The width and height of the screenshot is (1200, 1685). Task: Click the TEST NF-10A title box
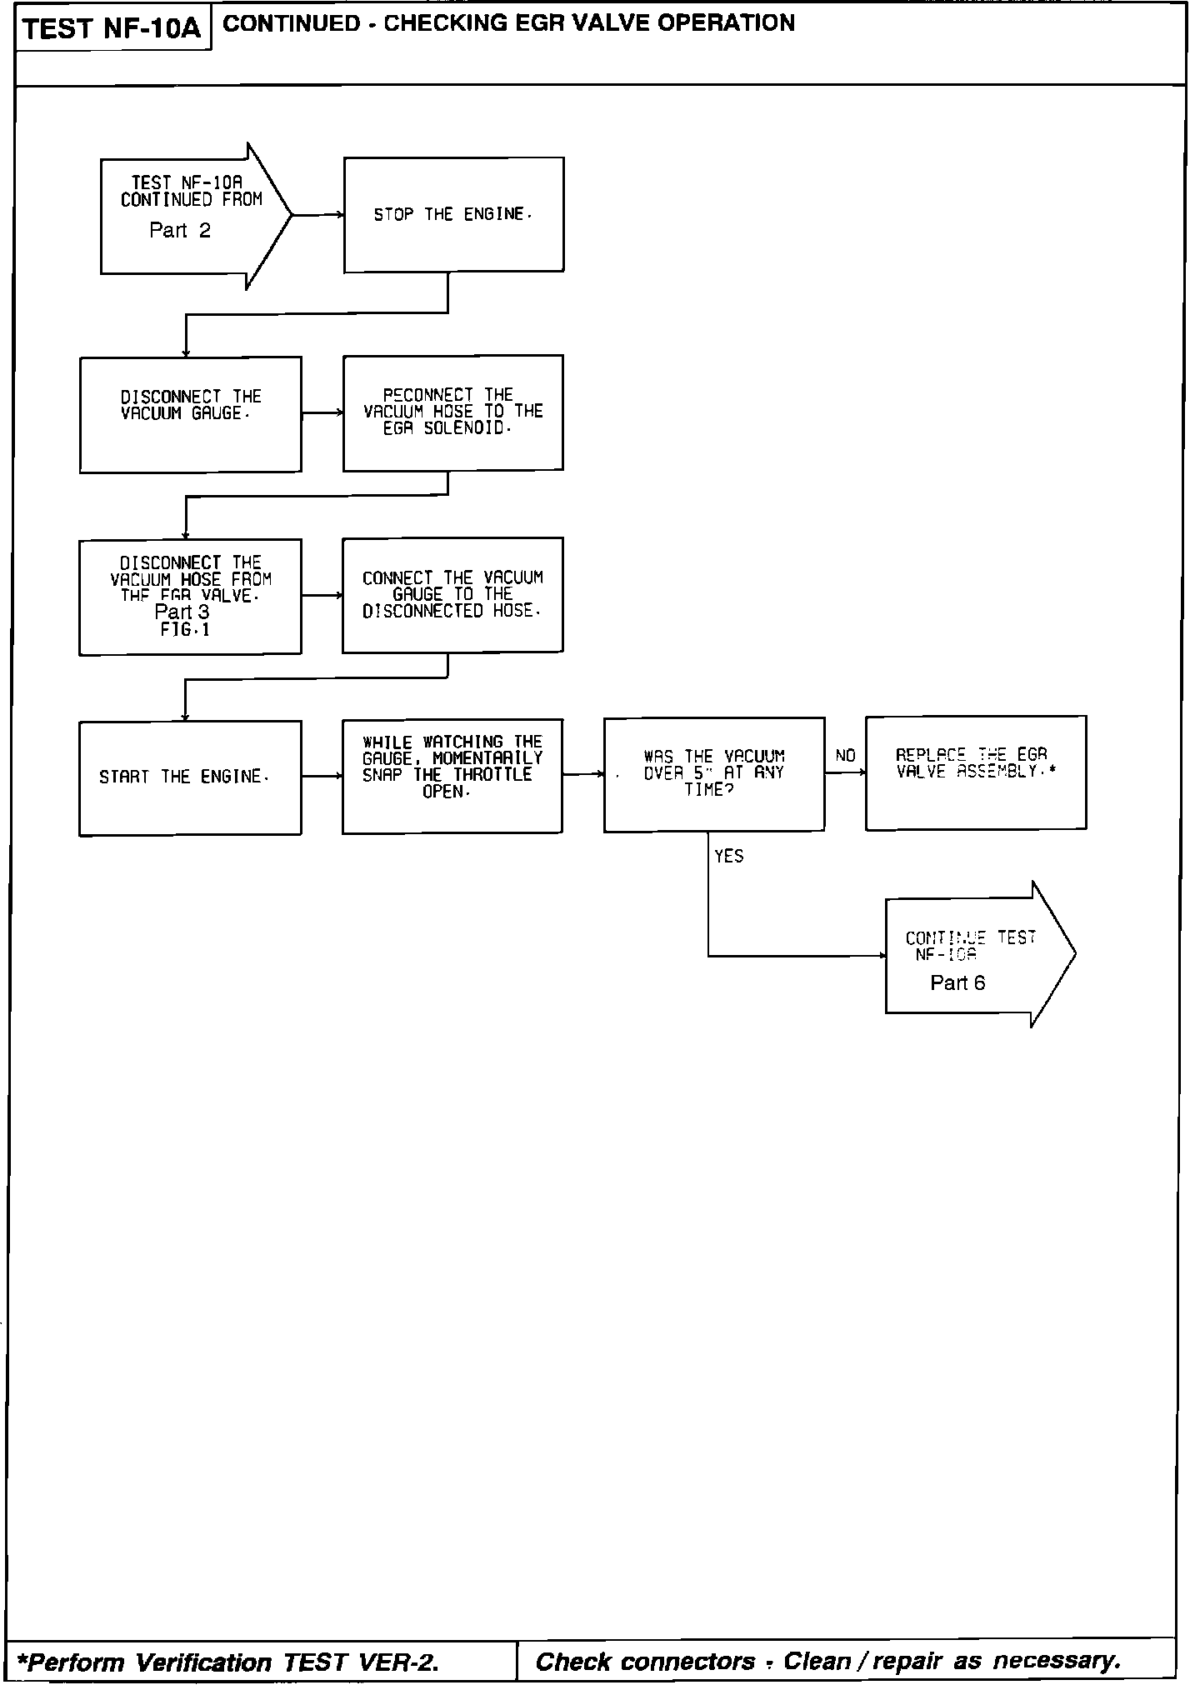click(x=112, y=28)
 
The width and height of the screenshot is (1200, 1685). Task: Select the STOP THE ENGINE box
click(x=453, y=214)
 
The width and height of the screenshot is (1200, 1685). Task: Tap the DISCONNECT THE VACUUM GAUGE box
click(x=190, y=414)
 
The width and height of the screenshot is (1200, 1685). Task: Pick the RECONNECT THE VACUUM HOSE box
click(x=452, y=412)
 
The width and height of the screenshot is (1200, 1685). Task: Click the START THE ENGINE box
click(x=190, y=777)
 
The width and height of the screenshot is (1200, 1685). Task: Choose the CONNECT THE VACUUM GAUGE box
click(x=452, y=594)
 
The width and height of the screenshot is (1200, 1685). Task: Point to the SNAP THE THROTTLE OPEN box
click(x=452, y=776)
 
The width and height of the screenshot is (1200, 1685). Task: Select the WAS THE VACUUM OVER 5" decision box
click(x=714, y=774)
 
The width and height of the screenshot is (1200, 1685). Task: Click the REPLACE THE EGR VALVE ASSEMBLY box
click(x=976, y=772)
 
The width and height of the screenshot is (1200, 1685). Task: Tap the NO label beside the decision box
click(x=845, y=756)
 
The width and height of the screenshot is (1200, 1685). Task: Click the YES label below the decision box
click(x=729, y=857)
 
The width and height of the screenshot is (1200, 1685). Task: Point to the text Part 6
click(x=957, y=983)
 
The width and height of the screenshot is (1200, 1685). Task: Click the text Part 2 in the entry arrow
click(x=180, y=231)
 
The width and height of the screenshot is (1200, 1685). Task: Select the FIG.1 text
click(x=185, y=630)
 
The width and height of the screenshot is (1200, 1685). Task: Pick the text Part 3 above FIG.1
click(x=182, y=612)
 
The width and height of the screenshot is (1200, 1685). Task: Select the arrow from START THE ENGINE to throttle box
click(x=322, y=777)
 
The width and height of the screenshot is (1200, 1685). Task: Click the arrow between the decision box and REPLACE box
click(x=845, y=773)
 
